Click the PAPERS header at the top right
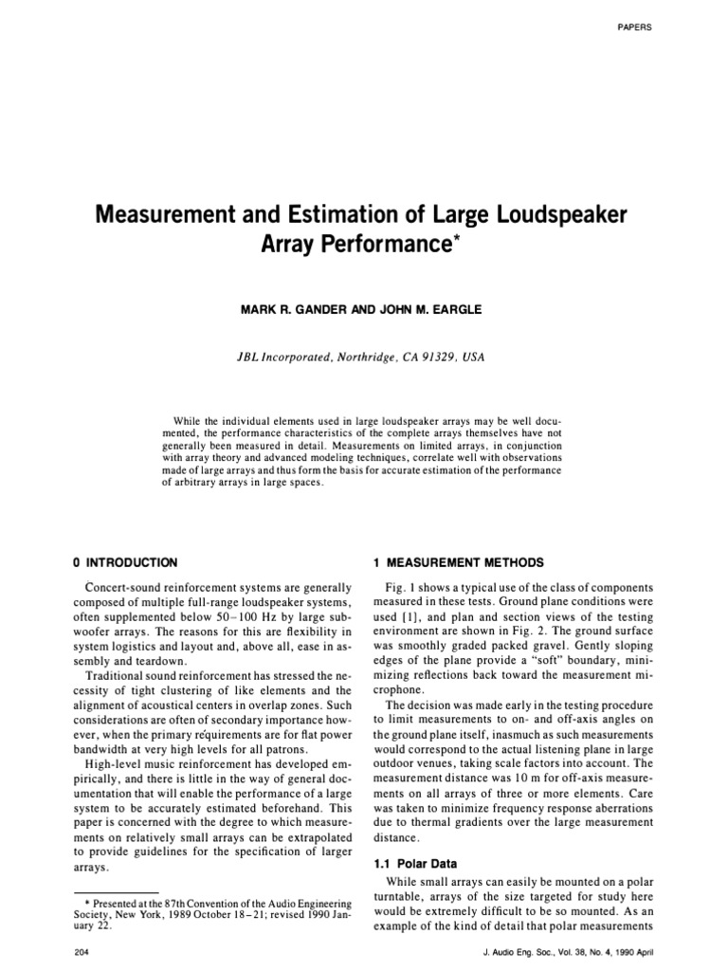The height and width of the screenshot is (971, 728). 635,26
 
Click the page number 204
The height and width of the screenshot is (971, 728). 82,951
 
